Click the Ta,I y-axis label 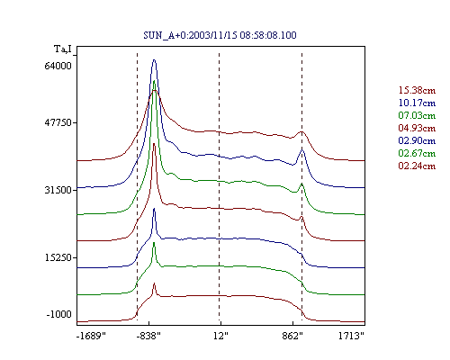pos(63,49)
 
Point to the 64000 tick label pos(58,66)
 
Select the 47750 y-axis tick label pos(58,122)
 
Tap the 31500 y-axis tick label pos(58,190)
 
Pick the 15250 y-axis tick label pos(58,257)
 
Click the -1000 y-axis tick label pos(59,314)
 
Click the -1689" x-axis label pos(91,336)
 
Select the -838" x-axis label pos(148,336)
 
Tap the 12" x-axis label pos(220,336)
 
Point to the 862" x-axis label pos(292,336)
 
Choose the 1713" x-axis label pos(351,336)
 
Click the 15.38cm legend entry pos(417,90)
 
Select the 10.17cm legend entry pos(417,103)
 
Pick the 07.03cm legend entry pos(417,115)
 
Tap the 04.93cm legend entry pos(417,128)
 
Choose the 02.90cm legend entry pos(417,140)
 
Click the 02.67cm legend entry pos(417,153)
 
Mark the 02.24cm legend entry pos(417,166)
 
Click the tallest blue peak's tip pos(154,59)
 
